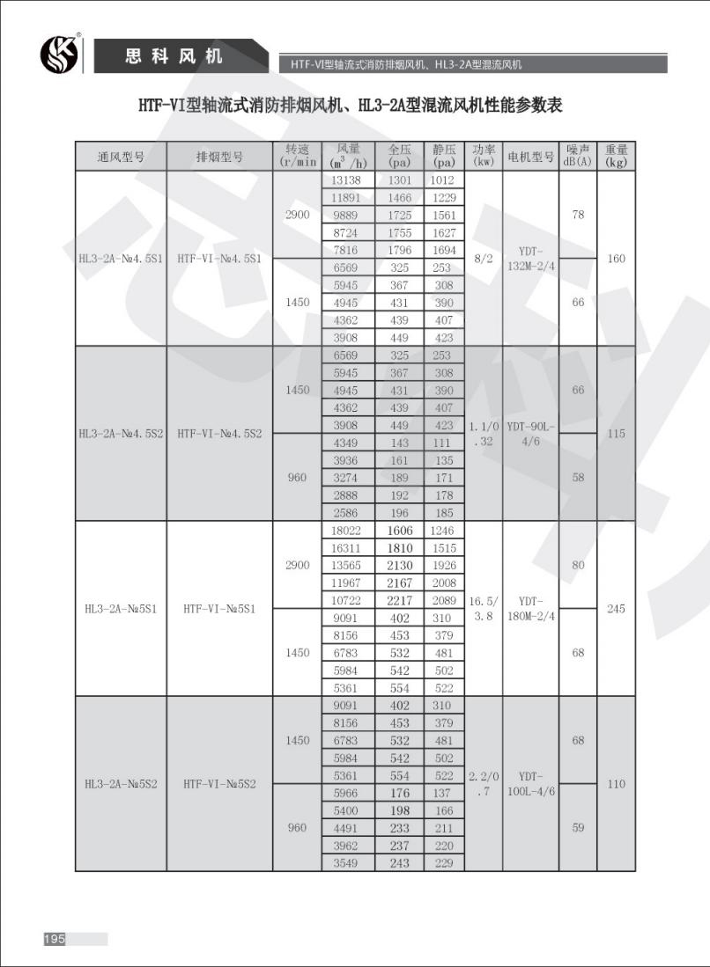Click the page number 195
click(54, 939)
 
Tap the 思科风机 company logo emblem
click(59, 55)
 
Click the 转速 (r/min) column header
click(297, 156)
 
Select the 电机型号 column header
click(530, 157)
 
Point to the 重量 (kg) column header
click(616, 156)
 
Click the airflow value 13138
click(344, 180)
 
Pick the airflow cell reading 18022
click(344, 531)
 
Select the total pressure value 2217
click(399, 600)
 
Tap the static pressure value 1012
click(443, 180)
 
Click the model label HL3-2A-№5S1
click(120, 609)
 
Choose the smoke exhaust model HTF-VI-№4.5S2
click(218, 434)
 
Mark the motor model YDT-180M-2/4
click(530, 608)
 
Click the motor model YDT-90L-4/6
click(530, 434)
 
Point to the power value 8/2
click(483, 259)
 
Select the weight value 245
click(616, 609)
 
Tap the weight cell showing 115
click(616, 434)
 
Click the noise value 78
click(578, 216)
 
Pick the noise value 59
click(578, 827)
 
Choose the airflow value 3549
click(344, 863)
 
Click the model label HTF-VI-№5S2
click(218, 783)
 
